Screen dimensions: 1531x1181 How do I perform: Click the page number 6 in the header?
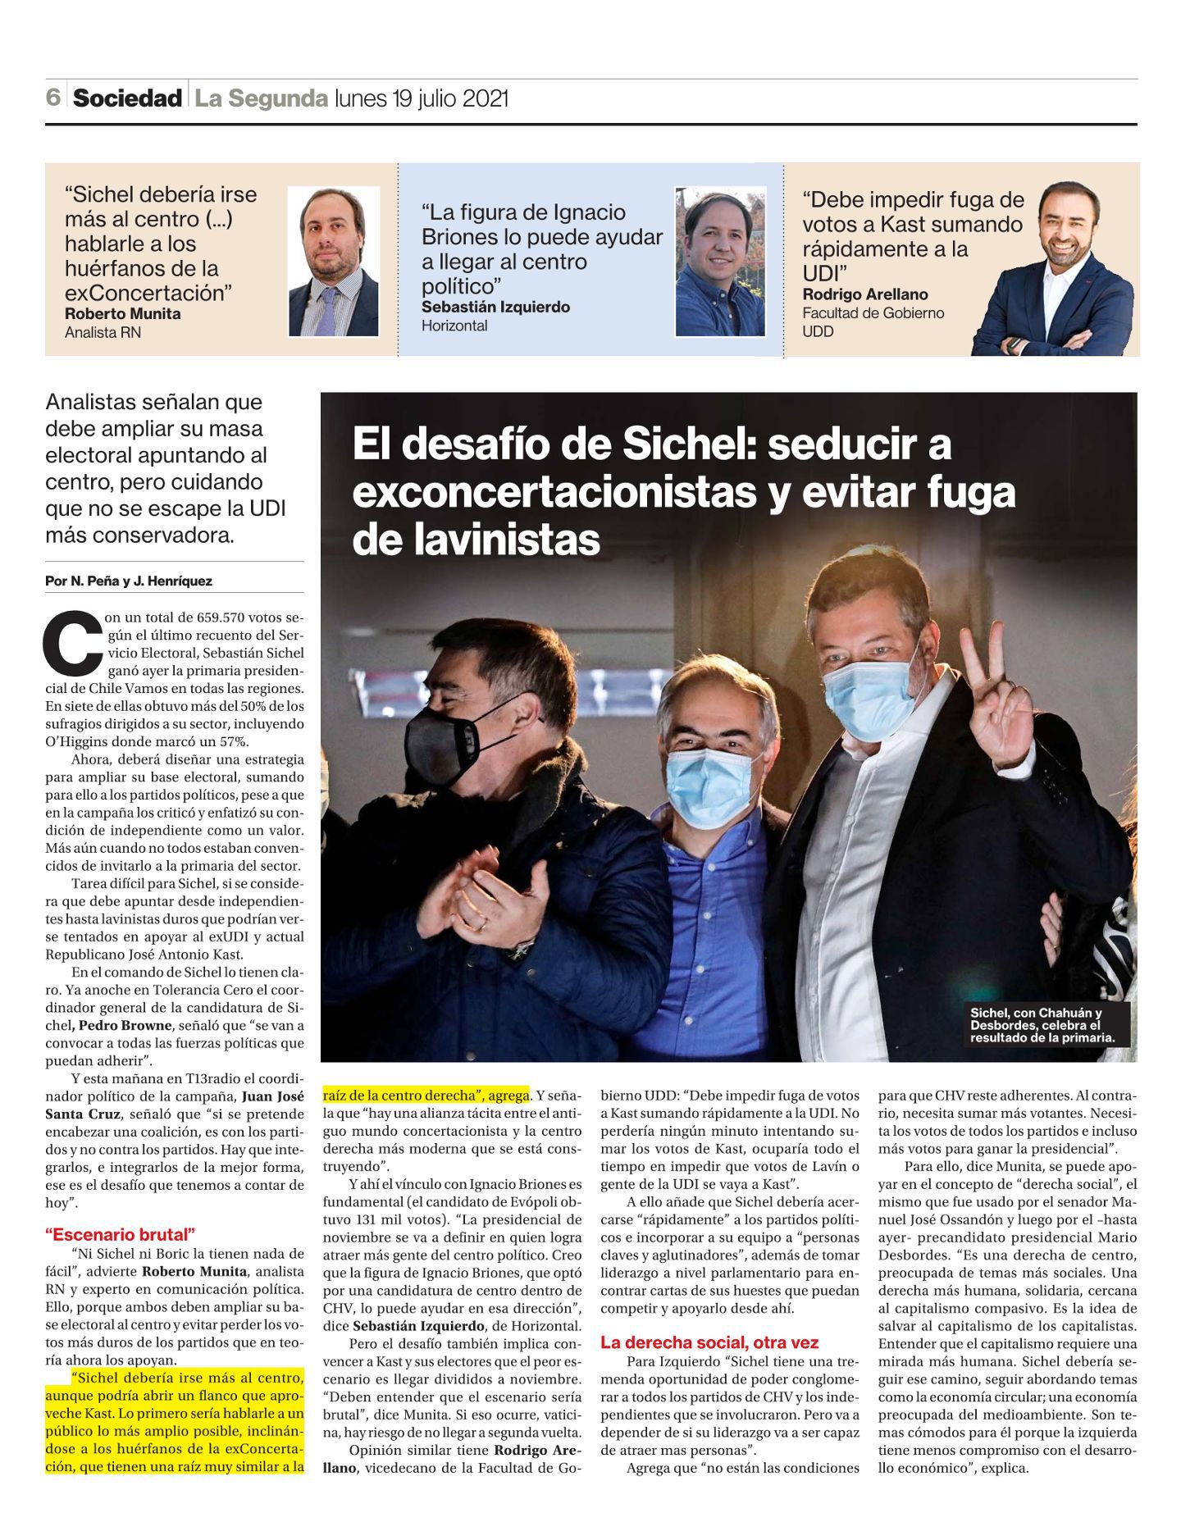tap(53, 98)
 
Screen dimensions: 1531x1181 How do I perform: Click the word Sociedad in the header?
tap(127, 98)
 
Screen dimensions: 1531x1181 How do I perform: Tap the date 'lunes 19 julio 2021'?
tap(422, 98)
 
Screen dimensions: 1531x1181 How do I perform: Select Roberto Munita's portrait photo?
tap(333, 261)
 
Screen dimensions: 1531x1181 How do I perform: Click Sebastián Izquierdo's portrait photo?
tap(720, 261)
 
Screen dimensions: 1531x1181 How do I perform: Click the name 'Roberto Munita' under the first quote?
tap(122, 313)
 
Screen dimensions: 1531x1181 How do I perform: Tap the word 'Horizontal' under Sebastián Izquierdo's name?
tap(454, 326)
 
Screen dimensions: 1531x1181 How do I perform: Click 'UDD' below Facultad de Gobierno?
tap(818, 331)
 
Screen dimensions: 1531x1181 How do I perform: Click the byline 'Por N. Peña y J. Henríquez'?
tap(129, 581)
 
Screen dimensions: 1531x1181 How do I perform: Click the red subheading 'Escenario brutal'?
tap(121, 1234)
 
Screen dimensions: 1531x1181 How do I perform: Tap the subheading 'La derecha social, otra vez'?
tap(709, 1342)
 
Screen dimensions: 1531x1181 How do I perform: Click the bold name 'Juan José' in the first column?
tap(273, 1096)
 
